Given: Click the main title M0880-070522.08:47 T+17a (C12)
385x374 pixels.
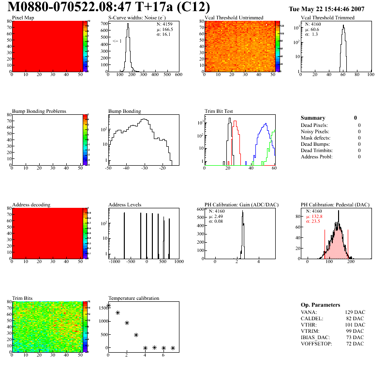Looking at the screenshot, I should [x=109, y=8].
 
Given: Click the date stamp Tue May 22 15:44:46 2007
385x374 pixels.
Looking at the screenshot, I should [x=326, y=9].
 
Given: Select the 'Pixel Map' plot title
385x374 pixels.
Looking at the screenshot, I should [x=23, y=18].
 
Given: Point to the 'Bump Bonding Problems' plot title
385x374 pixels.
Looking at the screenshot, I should [x=39, y=111].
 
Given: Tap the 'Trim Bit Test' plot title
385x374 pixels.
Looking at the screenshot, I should [x=219, y=111].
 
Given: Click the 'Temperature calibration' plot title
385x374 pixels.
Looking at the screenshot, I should [x=134, y=298].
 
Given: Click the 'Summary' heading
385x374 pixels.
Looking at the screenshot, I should [x=313, y=118].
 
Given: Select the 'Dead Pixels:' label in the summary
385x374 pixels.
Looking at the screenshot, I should [x=314, y=125].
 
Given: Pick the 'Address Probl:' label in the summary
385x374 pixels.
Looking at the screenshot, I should [x=317, y=156].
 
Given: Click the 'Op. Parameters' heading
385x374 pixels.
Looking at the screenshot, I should [x=321, y=305].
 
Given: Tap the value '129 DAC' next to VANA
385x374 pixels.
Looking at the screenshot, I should [x=355, y=312].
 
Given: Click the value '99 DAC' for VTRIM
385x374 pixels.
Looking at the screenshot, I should [x=356, y=331].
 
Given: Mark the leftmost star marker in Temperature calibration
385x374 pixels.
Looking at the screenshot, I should [x=108, y=306].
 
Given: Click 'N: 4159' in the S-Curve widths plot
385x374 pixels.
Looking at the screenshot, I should [x=164, y=24].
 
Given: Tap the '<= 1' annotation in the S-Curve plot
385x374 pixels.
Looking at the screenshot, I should [x=117, y=41].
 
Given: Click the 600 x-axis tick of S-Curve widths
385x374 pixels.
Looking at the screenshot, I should [x=178, y=75].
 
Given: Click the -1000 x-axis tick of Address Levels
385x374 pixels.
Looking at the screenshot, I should [x=115, y=262].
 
